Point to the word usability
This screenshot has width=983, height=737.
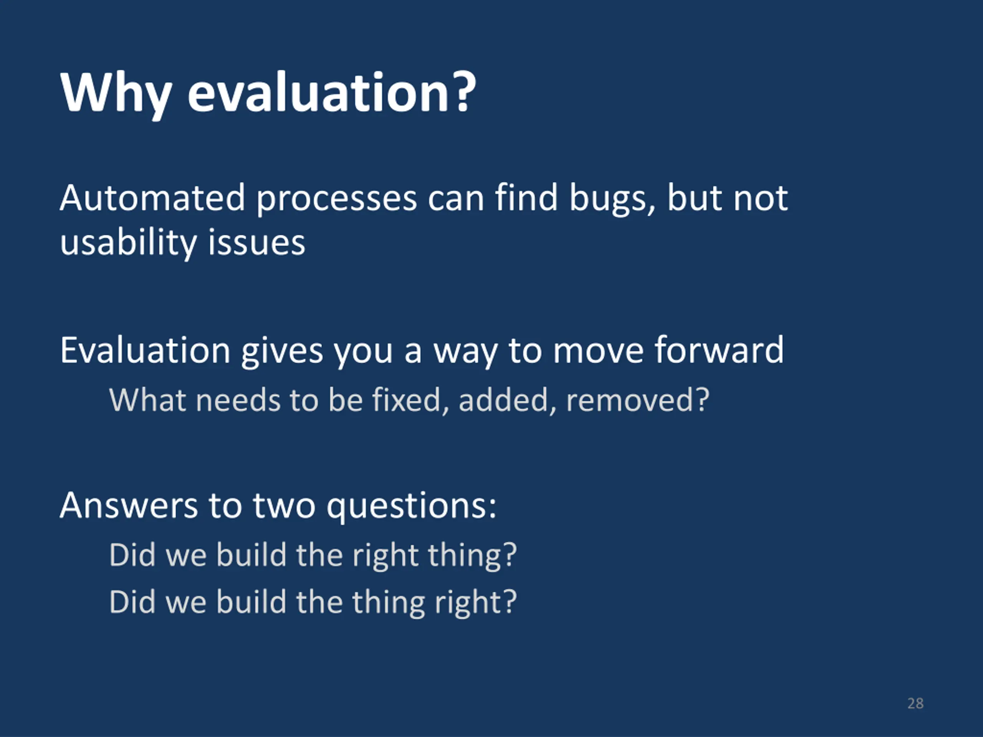(128, 243)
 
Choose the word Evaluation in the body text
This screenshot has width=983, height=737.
(145, 350)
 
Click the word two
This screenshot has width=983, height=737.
(285, 506)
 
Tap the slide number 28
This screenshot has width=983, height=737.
(915, 703)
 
